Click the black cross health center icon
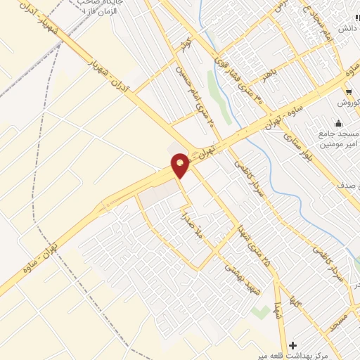[x=292, y=346]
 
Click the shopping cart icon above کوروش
[x=349, y=91]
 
